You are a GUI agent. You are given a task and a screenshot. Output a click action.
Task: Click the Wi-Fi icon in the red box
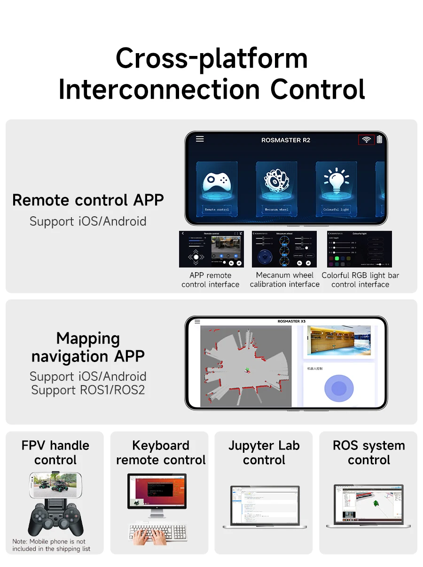(367, 140)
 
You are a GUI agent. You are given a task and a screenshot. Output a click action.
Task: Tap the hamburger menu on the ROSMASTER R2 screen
(200, 139)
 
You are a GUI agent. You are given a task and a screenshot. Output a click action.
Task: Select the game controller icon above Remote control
(217, 181)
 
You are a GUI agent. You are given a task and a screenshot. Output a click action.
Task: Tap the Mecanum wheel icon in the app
(276, 181)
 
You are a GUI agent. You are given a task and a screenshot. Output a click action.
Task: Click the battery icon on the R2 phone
(379, 139)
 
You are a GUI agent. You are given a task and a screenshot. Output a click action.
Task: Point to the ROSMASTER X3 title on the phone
(291, 321)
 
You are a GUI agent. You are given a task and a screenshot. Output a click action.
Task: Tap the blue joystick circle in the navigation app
(338, 388)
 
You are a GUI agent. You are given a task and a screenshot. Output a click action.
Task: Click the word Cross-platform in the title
(211, 58)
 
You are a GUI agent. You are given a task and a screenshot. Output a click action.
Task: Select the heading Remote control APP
(88, 200)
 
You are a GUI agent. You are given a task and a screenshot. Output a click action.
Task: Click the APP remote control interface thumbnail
(211, 249)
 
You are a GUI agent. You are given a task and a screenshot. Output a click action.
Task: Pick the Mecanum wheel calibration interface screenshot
(284, 249)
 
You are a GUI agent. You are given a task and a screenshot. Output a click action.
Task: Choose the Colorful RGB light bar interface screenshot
(360, 249)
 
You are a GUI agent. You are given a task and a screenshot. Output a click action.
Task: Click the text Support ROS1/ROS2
(88, 390)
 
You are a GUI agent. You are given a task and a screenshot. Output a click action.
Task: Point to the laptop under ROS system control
(369, 505)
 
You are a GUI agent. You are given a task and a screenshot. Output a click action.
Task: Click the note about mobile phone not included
(51, 545)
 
